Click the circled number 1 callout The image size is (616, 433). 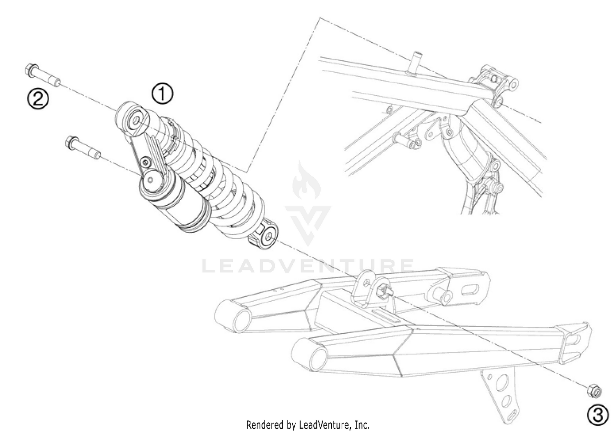pos(163,94)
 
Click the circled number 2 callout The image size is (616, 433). pos(38,99)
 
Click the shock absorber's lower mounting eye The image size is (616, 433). pos(268,237)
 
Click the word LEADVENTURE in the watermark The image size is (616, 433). pos(308,266)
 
